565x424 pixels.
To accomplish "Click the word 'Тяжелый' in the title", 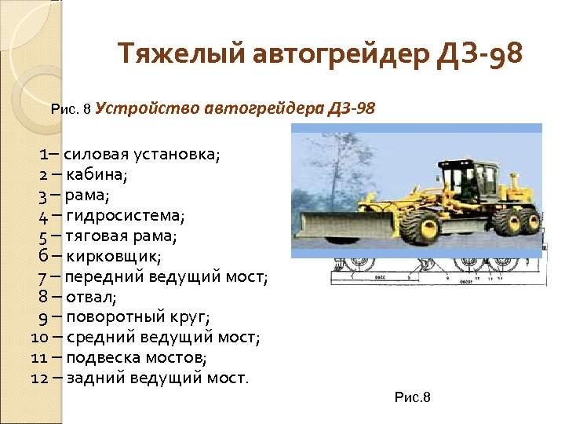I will click(181, 56).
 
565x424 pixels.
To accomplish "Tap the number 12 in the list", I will click(41, 378).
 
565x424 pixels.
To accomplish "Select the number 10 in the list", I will click(41, 338).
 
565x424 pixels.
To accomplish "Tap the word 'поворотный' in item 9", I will click(116, 317).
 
